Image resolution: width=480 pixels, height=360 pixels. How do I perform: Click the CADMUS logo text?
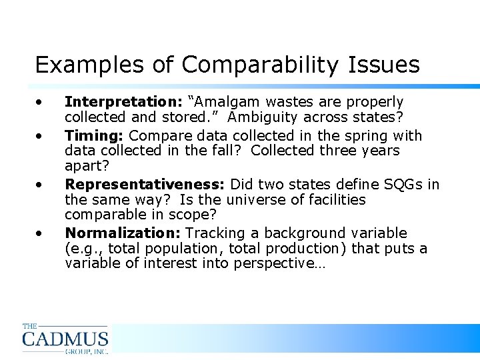pos(65,339)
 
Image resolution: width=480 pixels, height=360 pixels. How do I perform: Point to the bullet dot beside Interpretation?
pos(41,102)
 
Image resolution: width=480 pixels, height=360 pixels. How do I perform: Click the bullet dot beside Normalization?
pos(41,233)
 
